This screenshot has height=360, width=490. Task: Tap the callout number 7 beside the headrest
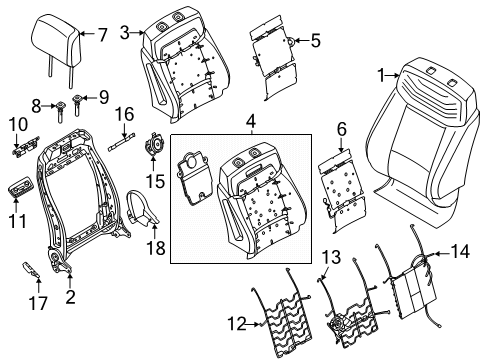click(x=101, y=36)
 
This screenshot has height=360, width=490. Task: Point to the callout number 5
click(x=316, y=41)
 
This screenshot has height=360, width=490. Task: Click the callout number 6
click(x=341, y=128)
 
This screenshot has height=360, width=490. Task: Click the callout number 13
click(x=331, y=258)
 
